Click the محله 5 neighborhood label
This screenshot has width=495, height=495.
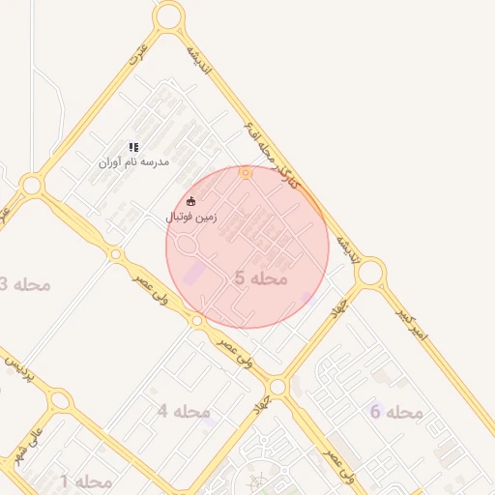pos(261,278)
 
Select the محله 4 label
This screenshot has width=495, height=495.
pos(184,412)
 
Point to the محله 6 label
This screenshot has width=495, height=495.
pos(396,413)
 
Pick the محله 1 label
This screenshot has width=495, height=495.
pos(86,480)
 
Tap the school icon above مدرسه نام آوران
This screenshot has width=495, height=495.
pos(133,147)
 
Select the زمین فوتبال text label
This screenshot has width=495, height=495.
pos(191,218)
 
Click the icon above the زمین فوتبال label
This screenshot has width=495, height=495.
pos(191,201)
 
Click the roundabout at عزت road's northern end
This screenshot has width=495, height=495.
pos(168,15)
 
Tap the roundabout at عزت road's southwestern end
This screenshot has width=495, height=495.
pos(32,185)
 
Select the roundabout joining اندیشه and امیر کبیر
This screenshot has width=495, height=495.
pos(369,274)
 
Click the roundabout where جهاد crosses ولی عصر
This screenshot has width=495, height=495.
pos(278,387)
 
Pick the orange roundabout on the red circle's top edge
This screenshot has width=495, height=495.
pos(246,173)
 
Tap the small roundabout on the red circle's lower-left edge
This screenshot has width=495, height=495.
pos(197,320)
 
